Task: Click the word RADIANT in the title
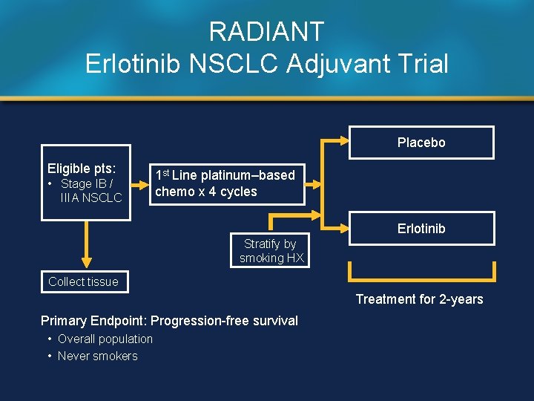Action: [x=266, y=32]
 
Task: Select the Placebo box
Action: [x=421, y=143]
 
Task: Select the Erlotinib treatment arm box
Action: [x=421, y=229]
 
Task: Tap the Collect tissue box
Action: [x=83, y=281]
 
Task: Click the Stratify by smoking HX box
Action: [x=271, y=251]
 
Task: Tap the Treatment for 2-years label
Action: [x=419, y=299]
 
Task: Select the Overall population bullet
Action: [x=105, y=339]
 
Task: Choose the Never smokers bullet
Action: [x=97, y=356]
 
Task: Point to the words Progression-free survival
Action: [x=224, y=321]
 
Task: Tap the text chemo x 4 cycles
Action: [x=206, y=192]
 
